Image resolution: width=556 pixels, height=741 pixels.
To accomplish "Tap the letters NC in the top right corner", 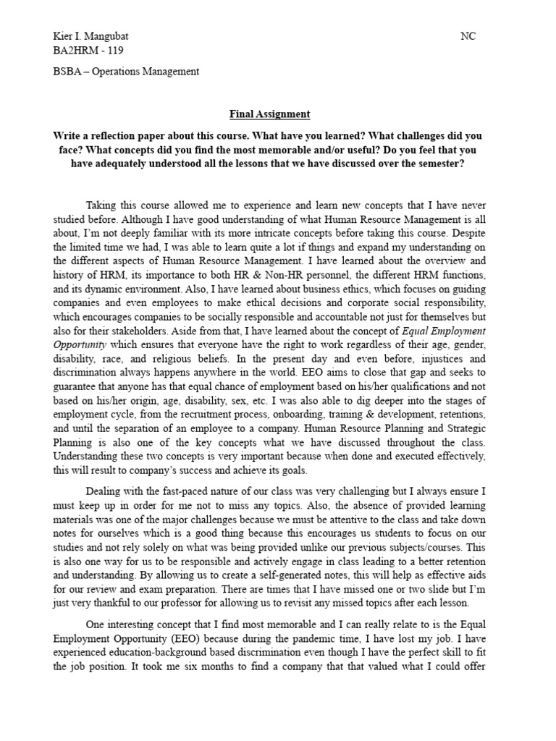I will [x=468, y=36].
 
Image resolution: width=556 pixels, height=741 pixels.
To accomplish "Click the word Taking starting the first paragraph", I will [x=104, y=204].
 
